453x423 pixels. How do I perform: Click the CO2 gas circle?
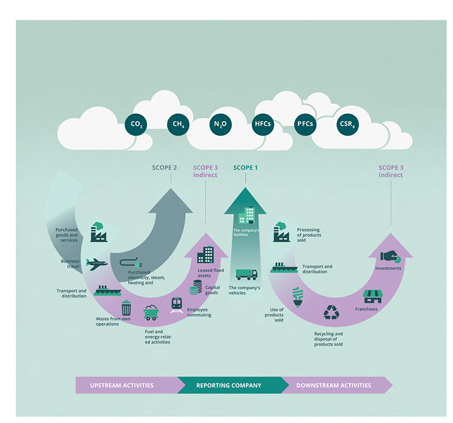coord(135,124)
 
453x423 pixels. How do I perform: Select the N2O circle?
coord(219,124)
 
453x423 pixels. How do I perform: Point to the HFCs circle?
coord(262,124)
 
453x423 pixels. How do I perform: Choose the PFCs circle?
coord(305,124)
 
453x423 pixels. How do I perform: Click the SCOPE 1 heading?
coord(245,168)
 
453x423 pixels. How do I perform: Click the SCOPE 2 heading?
coord(164,168)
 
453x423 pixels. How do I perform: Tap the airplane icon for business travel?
coord(96,263)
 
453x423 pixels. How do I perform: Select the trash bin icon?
coord(126,308)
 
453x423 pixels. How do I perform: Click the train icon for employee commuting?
coord(177,305)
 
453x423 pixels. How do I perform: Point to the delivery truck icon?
coord(246,274)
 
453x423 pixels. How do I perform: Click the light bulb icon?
coord(297,297)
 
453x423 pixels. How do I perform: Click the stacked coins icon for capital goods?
coord(196,287)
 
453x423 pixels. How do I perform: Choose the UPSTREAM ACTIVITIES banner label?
coord(123,386)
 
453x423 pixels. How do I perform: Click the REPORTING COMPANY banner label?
coord(229,386)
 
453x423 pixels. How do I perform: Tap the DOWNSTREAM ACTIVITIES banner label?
coord(334,386)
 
